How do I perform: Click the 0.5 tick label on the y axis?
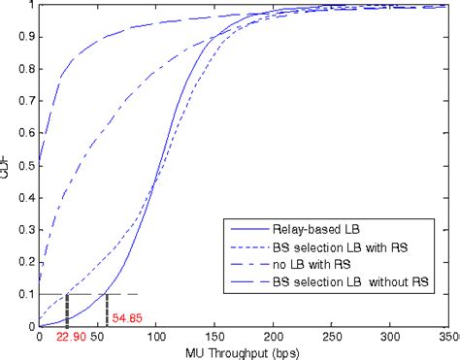(24, 164)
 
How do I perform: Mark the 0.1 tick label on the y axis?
(24, 294)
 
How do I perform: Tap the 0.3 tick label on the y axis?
(24, 229)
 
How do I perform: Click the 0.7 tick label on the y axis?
(24, 100)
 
